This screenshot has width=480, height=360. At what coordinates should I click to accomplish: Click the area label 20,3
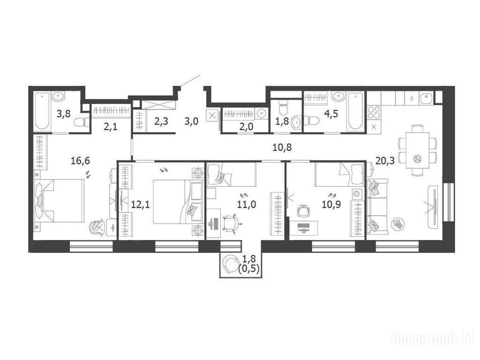click(x=385, y=160)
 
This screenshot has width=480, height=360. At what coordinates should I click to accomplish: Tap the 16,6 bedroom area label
click(x=80, y=160)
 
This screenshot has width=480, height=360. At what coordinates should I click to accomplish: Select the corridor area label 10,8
click(x=282, y=148)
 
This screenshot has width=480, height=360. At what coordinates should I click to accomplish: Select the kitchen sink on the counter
click(x=426, y=98)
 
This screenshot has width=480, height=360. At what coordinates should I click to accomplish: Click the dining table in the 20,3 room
click(x=418, y=150)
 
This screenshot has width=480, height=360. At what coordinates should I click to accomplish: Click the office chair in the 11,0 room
click(x=231, y=223)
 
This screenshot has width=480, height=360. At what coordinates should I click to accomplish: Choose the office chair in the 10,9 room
click(x=303, y=211)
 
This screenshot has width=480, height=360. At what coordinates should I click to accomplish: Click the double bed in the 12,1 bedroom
click(x=178, y=202)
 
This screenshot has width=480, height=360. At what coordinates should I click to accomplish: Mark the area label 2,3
click(x=161, y=121)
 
